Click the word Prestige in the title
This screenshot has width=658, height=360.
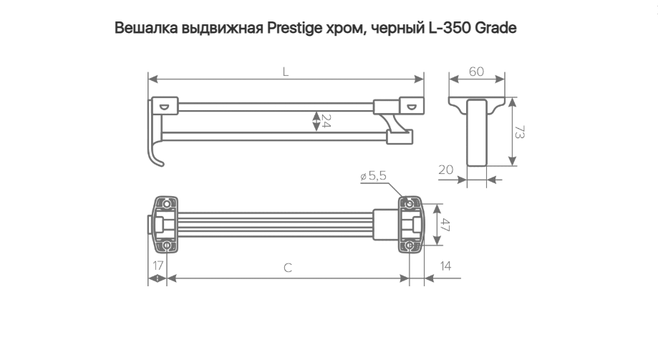[294, 29]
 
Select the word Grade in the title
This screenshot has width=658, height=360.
[495, 28]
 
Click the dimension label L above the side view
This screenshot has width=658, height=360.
[286, 72]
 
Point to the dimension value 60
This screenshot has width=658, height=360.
[476, 72]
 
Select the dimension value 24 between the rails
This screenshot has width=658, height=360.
[326, 121]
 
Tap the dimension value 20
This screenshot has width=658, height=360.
[445, 170]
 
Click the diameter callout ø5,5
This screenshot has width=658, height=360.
[373, 175]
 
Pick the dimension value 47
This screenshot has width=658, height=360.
[445, 225]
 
